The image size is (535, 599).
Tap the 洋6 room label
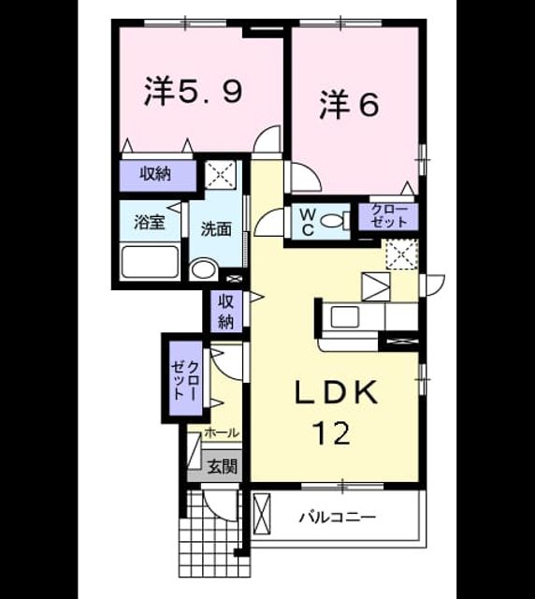pyautogui.click(x=350, y=104)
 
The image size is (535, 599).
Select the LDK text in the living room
pyautogui.click(x=336, y=392)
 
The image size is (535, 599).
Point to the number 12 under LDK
pyautogui.click(x=331, y=432)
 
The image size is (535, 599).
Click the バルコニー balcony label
pyautogui.click(x=338, y=518)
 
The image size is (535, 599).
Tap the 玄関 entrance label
pyautogui.click(x=223, y=466)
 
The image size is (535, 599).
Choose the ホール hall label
pyautogui.click(x=222, y=432)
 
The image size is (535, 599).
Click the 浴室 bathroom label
pyautogui.click(x=150, y=222)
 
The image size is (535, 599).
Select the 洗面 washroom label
pyautogui.click(x=216, y=228)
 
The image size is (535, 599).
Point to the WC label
pyautogui.click(x=307, y=223)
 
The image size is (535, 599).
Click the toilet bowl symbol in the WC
pyautogui.click(x=335, y=221)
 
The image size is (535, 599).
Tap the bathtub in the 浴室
pyautogui.click(x=150, y=262)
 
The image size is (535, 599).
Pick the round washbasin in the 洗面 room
pyautogui.click(x=203, y=269)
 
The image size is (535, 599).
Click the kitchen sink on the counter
pyautogui.click(x=345, y=316)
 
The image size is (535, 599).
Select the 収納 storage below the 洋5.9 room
pyautogui.click(x=158, y=175)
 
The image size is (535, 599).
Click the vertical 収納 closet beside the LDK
pyautogui.click(x=226, y=311)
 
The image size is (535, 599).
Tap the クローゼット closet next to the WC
pyautogui.click(x=389, y=216)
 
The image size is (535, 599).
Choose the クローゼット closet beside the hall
pyautogui.click(x=186, y=378)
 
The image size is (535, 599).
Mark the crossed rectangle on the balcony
pyautogui.click(x=262, y=514)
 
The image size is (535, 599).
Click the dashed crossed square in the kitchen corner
pyautogui.click(x=402, y=255)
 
